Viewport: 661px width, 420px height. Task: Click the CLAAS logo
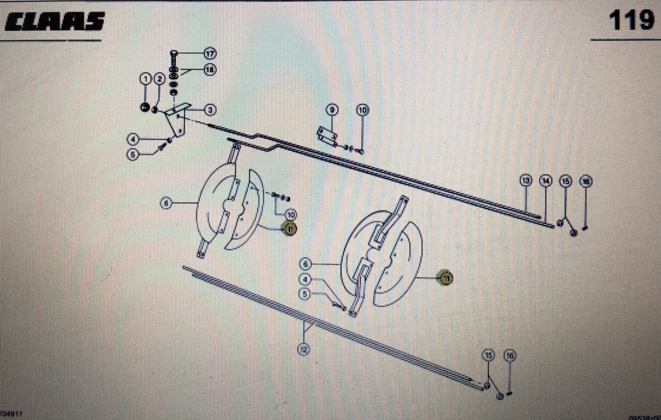55,21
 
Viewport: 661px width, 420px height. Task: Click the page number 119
632,21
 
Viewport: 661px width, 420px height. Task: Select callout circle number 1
146,79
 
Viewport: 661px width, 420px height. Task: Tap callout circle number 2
159,79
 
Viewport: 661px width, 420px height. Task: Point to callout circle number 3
209,110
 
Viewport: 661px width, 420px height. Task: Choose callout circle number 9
332,110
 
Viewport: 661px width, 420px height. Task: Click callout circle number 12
304,349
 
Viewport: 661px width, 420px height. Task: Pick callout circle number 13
526,181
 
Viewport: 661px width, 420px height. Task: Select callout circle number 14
546,181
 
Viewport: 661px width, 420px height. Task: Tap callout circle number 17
210,53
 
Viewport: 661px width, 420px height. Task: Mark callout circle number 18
210,70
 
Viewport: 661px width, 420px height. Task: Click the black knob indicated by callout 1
145,107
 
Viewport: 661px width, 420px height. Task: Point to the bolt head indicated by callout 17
174,53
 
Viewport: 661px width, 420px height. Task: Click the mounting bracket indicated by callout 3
178,119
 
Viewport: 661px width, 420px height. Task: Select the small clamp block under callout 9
328,136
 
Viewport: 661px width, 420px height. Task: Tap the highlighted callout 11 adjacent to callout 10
290,229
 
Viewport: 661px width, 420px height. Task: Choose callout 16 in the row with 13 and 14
586,181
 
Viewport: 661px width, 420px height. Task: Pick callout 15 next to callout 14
565,181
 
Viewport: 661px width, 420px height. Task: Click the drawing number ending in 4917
11,415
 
